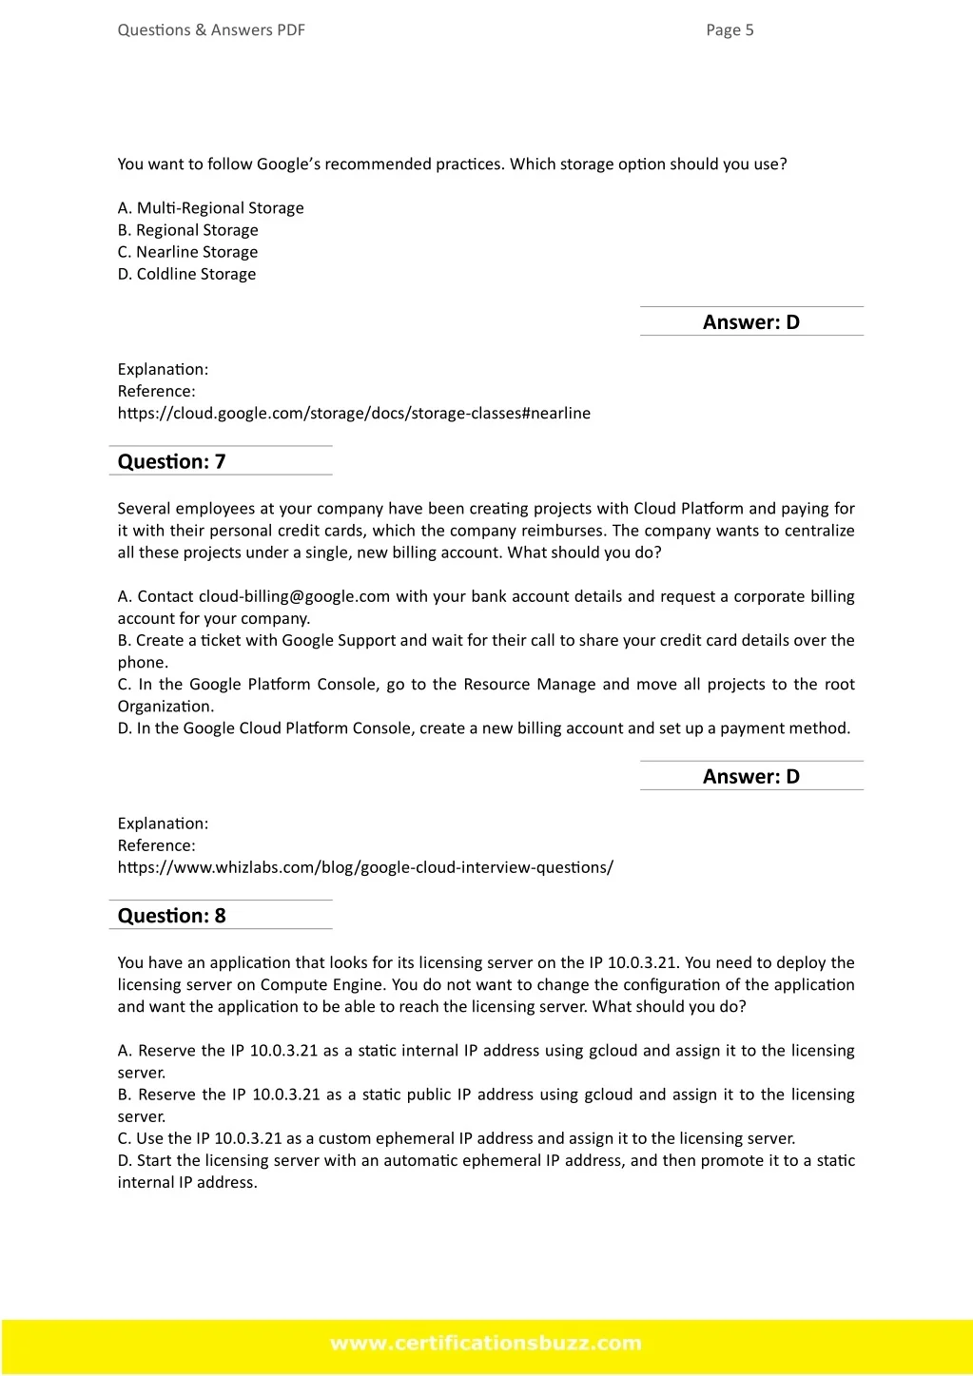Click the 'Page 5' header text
click(x=730, y=30)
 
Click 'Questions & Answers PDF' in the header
click(x=211, y=30)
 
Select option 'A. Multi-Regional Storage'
click(x=211, y=208)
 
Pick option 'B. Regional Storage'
click(x=188, y=230)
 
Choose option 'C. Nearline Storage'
click(x=188, y=252)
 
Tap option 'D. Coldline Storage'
click(x=187, y=274)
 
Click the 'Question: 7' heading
click(x=172, y=462)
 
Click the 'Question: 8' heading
click(x=172, y=916)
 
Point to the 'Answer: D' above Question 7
click(x=751, y=322)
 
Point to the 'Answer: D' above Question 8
click(x=751, y=777)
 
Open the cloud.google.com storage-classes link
click(x=354, y=414)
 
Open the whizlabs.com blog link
click(x=365, y=867)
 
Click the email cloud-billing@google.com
click(x=294, y=597)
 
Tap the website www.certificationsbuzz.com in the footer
click(x=486, y=1344)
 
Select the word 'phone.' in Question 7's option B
click(x=143, y=663)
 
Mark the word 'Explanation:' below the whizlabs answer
click(x=163, y=824)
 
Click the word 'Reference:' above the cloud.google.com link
click(x=157, y=392)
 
